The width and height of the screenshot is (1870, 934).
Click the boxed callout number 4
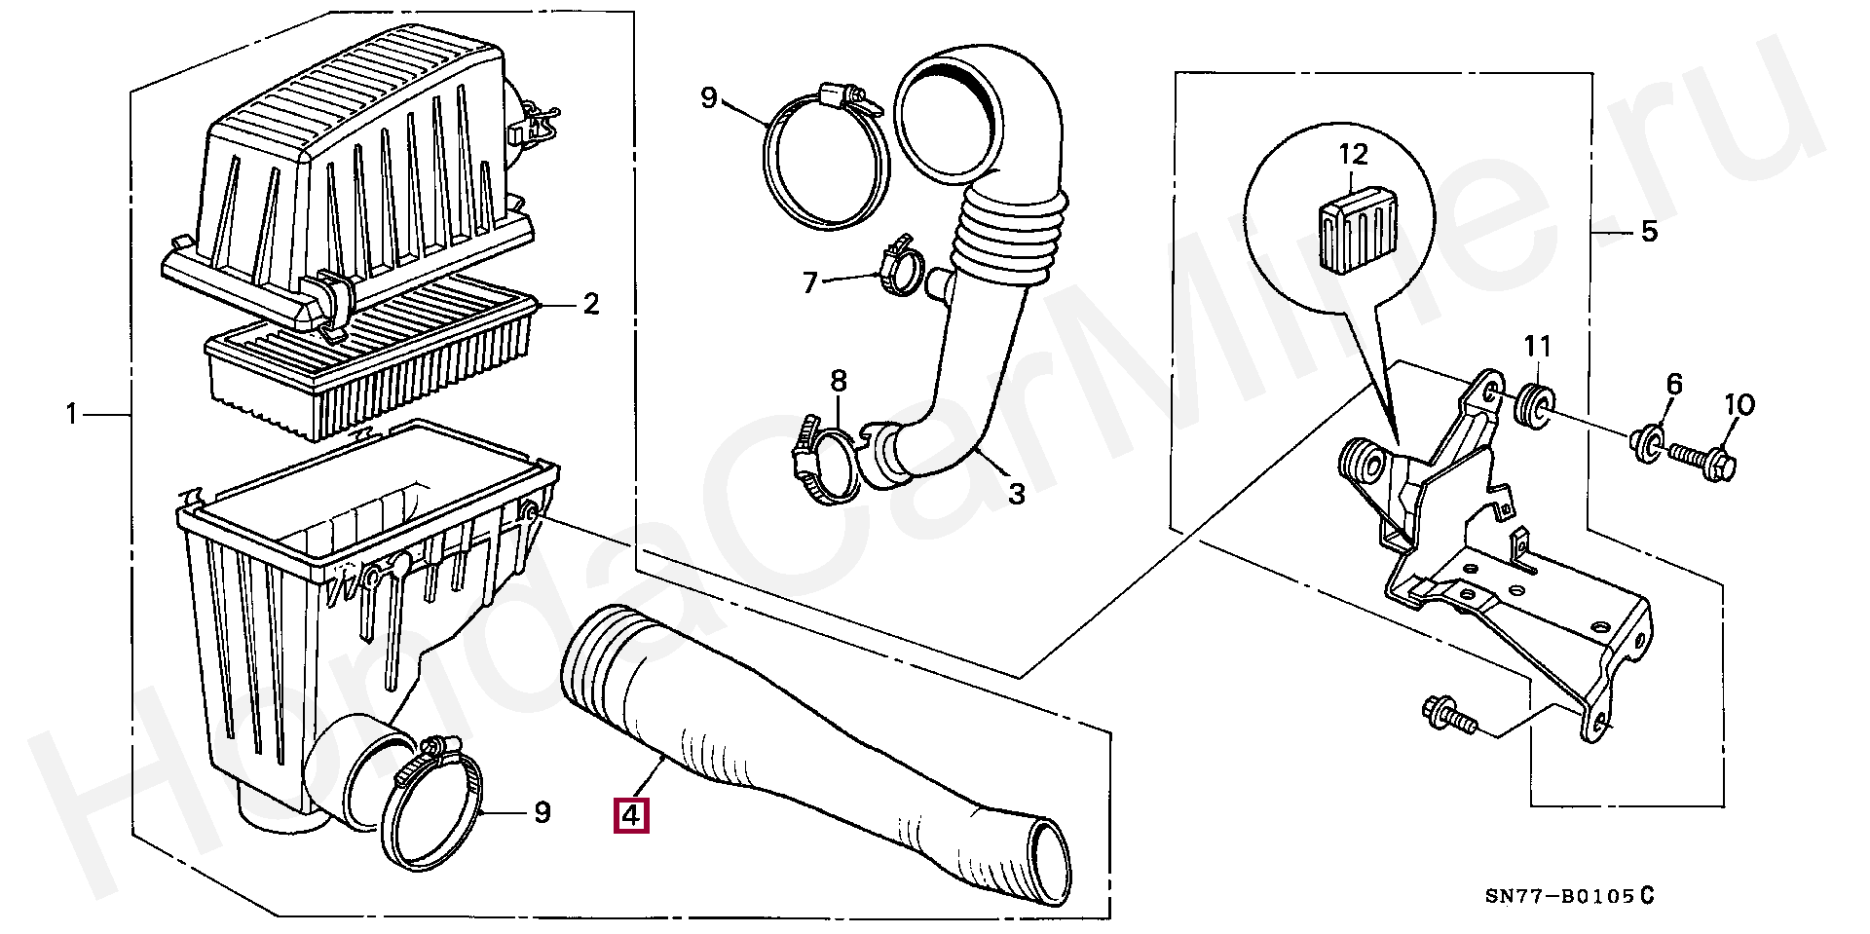[x=630, y=814]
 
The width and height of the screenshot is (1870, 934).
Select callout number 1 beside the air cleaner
[x=70, y=415]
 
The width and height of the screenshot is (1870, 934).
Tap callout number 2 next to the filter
[x=590, y=305]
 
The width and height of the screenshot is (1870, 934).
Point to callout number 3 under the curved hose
[x=1016, y=493]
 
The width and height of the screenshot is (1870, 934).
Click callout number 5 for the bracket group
[x=1648, y=232]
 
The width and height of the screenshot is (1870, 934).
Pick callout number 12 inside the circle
[x=1353, y=154]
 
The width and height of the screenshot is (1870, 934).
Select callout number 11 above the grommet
[x=1537, y=346]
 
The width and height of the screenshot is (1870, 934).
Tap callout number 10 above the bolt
[x=1739, y=404]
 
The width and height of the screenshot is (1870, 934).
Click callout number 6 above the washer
[x=1673, y=384]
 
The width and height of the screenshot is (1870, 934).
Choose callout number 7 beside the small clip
[x=810, y=282]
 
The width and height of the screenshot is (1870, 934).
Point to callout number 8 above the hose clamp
[x=839, y=381]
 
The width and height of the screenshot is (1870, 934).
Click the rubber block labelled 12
[x=1357, y=228]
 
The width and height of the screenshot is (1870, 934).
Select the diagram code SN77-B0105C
[x=1568, y=896]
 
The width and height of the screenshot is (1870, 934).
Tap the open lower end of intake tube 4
[x=1047, y=861]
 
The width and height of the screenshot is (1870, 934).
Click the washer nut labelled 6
[x=1644, y=443]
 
